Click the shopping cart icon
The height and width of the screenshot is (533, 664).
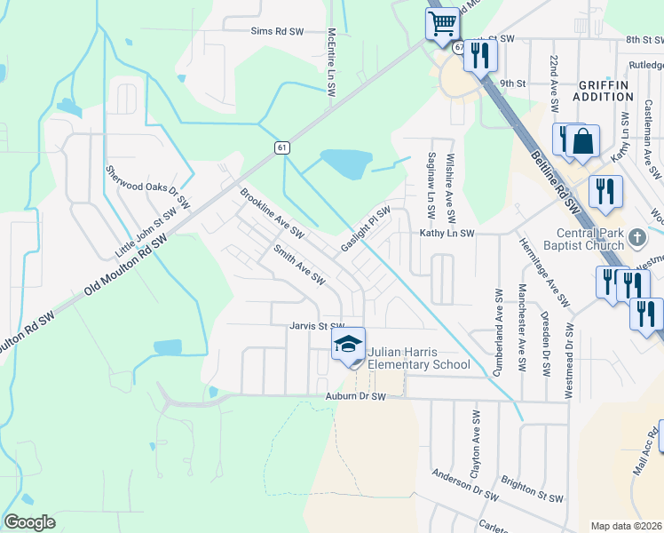coord(441,22)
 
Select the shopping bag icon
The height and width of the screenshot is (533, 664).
coord(584,141)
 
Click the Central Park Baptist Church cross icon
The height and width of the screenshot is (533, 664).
coord(637,237)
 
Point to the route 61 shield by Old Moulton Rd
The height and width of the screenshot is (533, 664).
coord(281,147)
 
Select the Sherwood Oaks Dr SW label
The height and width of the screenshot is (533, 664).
coord(147,187)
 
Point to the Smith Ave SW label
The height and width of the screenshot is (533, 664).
coord(298,265)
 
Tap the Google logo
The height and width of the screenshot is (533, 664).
coord(29,522)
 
